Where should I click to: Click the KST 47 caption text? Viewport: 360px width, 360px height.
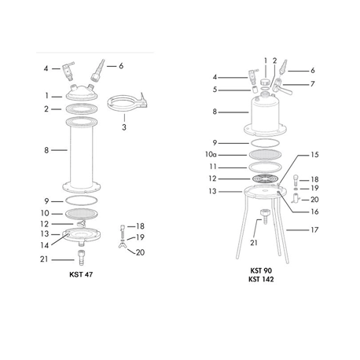pyautogui.click(x=81, y=274)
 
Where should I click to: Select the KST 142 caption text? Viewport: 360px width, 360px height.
pyautogui.click(x=261, y=279)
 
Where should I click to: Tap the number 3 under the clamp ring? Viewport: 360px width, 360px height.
pyautogui.click(x=124, y=127)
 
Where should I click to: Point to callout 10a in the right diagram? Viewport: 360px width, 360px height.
pyautogui.click(x=211, y=155)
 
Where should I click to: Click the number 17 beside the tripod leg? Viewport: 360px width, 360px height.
pyautogui.click(x=314, y=230)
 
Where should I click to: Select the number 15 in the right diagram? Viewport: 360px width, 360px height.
pyautogui.click(x=314, y=155)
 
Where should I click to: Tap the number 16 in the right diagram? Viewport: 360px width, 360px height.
pyautogui.click(x=314, y=211)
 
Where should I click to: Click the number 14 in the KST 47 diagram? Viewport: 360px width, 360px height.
pyautogui.click(x=45, y=245)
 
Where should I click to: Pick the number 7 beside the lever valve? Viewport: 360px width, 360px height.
pyautogui.click(x=312, y=84)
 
